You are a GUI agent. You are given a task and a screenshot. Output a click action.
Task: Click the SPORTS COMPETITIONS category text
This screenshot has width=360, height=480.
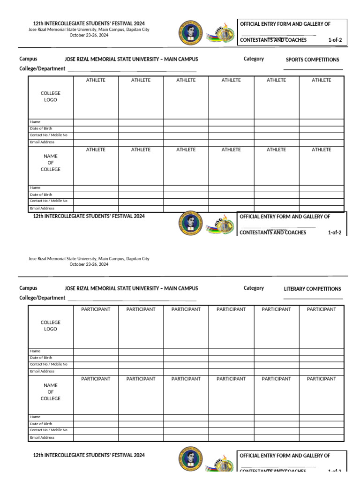click(312, 60)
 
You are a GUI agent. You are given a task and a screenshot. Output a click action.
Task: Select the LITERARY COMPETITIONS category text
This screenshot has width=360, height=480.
click(312, 289)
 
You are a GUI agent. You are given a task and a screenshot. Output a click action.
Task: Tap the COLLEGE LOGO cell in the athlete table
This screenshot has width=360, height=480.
click(51, 97)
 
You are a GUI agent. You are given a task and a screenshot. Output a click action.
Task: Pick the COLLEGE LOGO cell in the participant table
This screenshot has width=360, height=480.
click(51, 326)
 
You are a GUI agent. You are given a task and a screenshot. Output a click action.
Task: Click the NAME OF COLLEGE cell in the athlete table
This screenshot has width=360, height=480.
click(51, 163)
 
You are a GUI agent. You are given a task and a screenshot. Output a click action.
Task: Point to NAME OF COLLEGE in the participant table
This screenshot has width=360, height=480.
click(51, 392)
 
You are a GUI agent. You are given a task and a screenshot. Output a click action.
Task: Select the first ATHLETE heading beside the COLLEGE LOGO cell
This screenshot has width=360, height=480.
click(96, 80)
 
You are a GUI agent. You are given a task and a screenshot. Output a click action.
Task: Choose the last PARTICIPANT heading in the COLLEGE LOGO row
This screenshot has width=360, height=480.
click(321, 309)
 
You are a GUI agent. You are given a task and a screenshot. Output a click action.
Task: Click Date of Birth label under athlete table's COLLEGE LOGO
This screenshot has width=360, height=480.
click(41, 128)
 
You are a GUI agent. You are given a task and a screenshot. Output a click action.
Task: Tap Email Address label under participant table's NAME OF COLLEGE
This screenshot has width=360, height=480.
click(42, 437)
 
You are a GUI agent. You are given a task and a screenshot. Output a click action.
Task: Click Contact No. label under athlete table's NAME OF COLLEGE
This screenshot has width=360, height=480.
click(48, 201)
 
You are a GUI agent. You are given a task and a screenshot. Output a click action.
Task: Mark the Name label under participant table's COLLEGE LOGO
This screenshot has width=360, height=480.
click(35, 351)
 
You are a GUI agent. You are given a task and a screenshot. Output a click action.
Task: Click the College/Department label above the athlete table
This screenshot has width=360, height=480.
click(42, 68)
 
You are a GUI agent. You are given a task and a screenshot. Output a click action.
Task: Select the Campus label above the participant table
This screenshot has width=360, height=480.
click(28, 288)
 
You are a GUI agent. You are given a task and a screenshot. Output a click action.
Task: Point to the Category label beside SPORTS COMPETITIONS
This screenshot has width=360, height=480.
click(254, 59)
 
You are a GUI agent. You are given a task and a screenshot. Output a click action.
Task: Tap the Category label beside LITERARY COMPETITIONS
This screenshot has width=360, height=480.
click(254, 288)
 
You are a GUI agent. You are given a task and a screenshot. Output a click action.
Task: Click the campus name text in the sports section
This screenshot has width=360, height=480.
click(131, 60)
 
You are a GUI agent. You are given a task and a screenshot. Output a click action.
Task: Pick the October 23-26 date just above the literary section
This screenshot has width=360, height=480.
click(89, 264)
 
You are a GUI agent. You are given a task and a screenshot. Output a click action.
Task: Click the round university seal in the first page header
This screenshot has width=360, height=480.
click(191, 34)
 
